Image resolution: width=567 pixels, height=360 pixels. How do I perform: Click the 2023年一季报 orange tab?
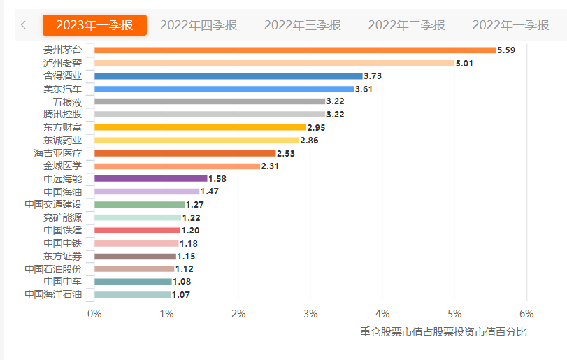click(94, 25)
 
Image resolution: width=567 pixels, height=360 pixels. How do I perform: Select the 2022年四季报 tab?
click(199, 25)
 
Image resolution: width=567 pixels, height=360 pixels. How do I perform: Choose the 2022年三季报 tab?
click(303, 25)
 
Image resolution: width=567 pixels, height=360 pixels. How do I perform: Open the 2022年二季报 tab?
click(406, 25)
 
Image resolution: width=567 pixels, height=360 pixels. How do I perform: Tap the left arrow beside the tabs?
click(24, 25)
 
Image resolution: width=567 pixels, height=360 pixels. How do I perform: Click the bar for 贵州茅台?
click(295, 50)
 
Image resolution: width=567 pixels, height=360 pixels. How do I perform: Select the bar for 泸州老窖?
click(274, 63)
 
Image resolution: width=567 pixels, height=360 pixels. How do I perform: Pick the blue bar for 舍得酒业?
click(229, 75)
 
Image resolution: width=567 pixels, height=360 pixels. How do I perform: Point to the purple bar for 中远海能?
click(151, 179)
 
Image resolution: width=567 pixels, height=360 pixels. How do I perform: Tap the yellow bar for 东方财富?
click(201, 127)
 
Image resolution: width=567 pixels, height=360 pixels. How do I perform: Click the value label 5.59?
click(506, 50)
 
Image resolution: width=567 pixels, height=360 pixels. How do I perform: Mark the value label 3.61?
click(364, 89)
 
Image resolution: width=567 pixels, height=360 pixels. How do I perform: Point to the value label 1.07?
click(181, 294)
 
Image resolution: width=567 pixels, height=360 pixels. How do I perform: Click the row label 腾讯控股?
click(62, 115)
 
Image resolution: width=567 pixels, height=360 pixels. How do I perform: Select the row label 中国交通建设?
click(53, 205)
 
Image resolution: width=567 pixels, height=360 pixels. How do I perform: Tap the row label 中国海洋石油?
click(53, 294)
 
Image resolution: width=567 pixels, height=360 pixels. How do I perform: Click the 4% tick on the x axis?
click(382, 312)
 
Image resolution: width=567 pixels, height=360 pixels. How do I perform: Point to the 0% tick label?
click(94, 312)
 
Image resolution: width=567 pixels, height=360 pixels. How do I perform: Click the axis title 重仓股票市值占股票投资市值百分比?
click(443, 331)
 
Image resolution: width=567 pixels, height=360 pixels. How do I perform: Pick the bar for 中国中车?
click(133, 282)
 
